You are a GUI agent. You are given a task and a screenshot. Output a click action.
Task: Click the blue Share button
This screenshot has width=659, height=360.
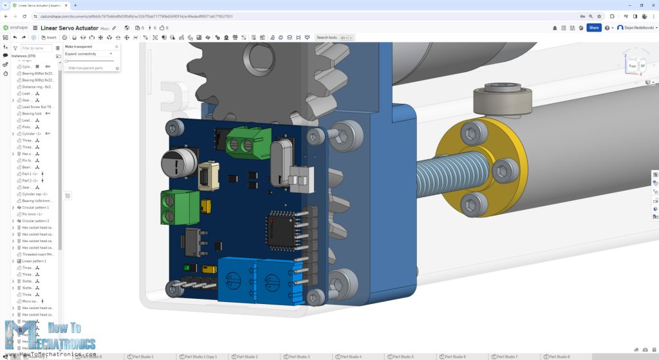tap(593, 28)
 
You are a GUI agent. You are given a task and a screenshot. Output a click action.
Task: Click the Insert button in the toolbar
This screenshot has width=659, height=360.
tap(48, 37)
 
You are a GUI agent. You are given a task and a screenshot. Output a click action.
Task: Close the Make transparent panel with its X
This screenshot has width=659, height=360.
tap(116, 47)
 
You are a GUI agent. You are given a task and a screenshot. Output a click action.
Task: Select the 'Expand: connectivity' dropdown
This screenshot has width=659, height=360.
tap(89, 54)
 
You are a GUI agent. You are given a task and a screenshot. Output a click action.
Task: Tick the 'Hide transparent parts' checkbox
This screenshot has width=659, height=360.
tap(66, 68)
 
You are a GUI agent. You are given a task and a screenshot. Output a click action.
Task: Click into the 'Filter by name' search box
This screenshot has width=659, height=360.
tap(36, 48)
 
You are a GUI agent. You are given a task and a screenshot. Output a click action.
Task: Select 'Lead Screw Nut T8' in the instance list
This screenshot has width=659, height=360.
tap(37, 107)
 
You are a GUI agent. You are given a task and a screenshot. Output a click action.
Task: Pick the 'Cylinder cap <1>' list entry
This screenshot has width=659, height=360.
tap(36, 194)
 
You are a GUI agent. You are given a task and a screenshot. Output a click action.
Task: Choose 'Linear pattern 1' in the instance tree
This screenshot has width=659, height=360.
tap(35, 261)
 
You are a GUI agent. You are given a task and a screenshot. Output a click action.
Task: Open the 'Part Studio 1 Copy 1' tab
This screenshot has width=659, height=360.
tap(201, 356)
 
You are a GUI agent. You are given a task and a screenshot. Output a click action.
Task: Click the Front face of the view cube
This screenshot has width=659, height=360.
tap(632, 66)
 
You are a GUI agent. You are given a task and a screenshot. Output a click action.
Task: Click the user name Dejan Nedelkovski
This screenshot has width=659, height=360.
tap(636, 28)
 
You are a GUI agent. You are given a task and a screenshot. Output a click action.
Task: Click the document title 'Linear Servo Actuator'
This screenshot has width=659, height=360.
tap(69, 28)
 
